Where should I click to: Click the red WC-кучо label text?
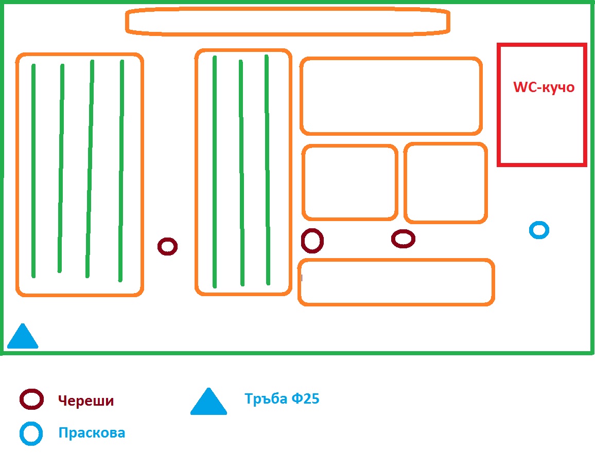click(544, 87)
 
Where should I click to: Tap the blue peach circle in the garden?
click(539, 230)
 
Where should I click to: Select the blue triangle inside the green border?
click(22, 337)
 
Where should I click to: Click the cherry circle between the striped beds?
click(167, 246)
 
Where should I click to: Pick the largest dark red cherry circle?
click(312, 241)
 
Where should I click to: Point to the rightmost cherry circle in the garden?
click(403, 239)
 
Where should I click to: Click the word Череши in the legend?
click(85, 401)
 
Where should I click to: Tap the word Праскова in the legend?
click(92, 432)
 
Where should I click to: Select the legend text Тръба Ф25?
click(282, 398)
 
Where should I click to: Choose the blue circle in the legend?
click(31, 433)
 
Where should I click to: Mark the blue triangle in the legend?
click(208, 403)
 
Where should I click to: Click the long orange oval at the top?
click(288, 22)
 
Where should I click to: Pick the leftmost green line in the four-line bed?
click(33, 170)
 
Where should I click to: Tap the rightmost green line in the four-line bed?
click(121, 170)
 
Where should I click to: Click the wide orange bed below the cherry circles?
click(396, 282)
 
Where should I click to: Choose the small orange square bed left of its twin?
click(349, 182)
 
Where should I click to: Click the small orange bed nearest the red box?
click(445, 183)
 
